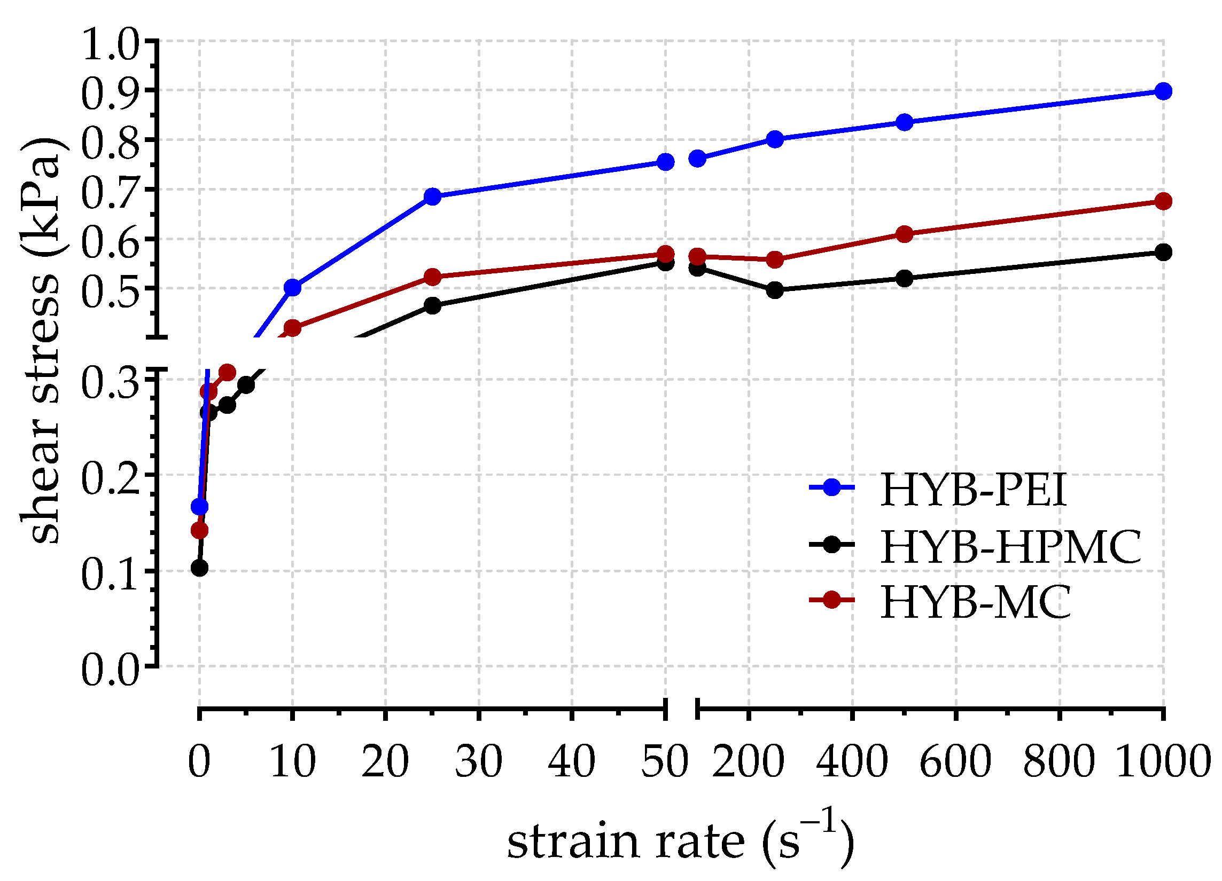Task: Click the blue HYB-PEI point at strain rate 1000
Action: coord(1163,91)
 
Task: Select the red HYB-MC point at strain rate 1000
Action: coord(1163,201)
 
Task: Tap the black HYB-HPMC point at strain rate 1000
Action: coord(1163,252)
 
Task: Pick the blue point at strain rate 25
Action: coord(433,196)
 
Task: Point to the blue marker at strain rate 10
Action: coord(293,288)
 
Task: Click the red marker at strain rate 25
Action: coord(433,277)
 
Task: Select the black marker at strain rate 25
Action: coord(433,306)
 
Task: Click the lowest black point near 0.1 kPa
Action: coord(199,568)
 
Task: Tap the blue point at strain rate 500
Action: coord(905,122)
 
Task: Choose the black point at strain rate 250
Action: coord(774,290)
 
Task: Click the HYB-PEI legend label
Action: coord(972,490)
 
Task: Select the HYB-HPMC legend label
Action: coord(1011,546)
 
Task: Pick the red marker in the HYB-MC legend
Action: coord(832,600)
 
